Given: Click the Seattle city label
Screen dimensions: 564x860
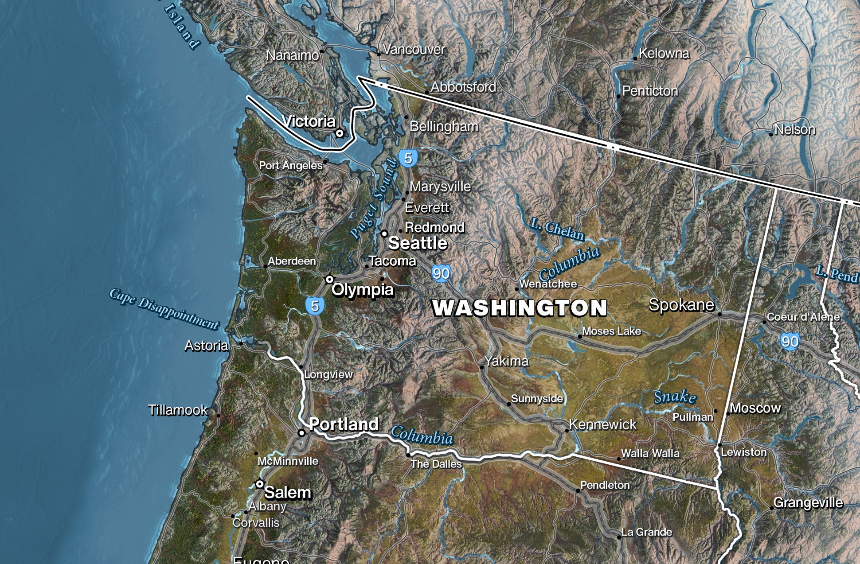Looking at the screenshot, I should coord(418,243).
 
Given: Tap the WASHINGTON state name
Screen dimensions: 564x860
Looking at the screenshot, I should coord(520,308).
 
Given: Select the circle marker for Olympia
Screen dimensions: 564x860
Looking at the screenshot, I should coord(329,279).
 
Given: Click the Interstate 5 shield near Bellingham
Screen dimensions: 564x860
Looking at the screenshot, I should coord(408,158).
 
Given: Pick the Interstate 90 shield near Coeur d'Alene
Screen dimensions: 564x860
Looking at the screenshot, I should coord(790,341).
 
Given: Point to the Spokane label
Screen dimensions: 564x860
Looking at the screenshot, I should coord(681,305).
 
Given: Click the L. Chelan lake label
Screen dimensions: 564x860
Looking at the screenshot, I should coord(558,229).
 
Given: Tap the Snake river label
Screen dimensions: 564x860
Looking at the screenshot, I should coord(675,397).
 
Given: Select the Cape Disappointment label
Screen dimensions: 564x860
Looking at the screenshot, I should coord(164,309).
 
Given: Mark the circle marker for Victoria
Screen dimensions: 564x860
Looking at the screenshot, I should coord(340,132).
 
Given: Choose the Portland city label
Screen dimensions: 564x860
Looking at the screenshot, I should coord(344,424).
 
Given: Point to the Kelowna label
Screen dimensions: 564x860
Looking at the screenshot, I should coord(664,54).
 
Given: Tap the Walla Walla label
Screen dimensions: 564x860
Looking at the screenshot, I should coord(650,453).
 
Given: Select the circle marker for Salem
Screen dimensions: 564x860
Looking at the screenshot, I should coord(260,484).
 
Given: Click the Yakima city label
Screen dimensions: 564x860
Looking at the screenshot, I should coord(506,361).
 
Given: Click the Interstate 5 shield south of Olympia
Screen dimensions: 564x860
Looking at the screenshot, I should coord(315,306).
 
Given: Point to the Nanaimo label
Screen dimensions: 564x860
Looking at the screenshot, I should coord(292,55).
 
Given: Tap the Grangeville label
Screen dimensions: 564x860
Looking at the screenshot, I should coord(808,502).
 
